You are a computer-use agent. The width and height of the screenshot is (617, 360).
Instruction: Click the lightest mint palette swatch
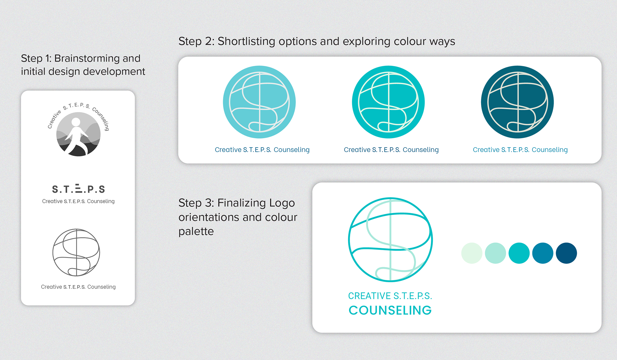[x=471, y=253]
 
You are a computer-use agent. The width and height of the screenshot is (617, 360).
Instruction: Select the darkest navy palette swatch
[x=566, y=253]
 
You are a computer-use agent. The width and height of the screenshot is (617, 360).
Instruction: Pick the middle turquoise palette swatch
[x=519, y=253]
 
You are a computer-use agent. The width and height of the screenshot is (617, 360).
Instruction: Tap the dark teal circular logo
[x=517, y=102]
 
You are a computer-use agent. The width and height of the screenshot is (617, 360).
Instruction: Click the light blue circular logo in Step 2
[x=259, y=102]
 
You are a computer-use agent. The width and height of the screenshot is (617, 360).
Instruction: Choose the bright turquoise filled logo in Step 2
[x=388, y=102]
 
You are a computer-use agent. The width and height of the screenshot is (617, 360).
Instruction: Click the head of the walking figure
[x=76, y=122]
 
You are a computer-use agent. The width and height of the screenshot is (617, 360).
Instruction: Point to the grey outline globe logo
[x=76, y=253]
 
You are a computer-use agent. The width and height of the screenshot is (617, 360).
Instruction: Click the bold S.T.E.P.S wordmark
[x=78, y=189]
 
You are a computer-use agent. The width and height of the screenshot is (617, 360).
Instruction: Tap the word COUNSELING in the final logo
[x=390, y=310]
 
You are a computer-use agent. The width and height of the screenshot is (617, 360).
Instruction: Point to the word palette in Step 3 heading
[x=196, y=231]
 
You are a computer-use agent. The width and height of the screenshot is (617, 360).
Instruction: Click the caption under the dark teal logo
[x=520, y=150]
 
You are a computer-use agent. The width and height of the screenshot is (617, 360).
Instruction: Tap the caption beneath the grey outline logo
[x=78, y=287]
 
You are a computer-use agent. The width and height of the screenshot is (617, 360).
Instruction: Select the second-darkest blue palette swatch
[x=542, y=253]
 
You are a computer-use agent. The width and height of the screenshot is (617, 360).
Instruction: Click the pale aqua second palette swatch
[x=495, y=253]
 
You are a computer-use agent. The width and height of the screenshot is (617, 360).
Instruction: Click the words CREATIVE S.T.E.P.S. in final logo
[x=390, y=296]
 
